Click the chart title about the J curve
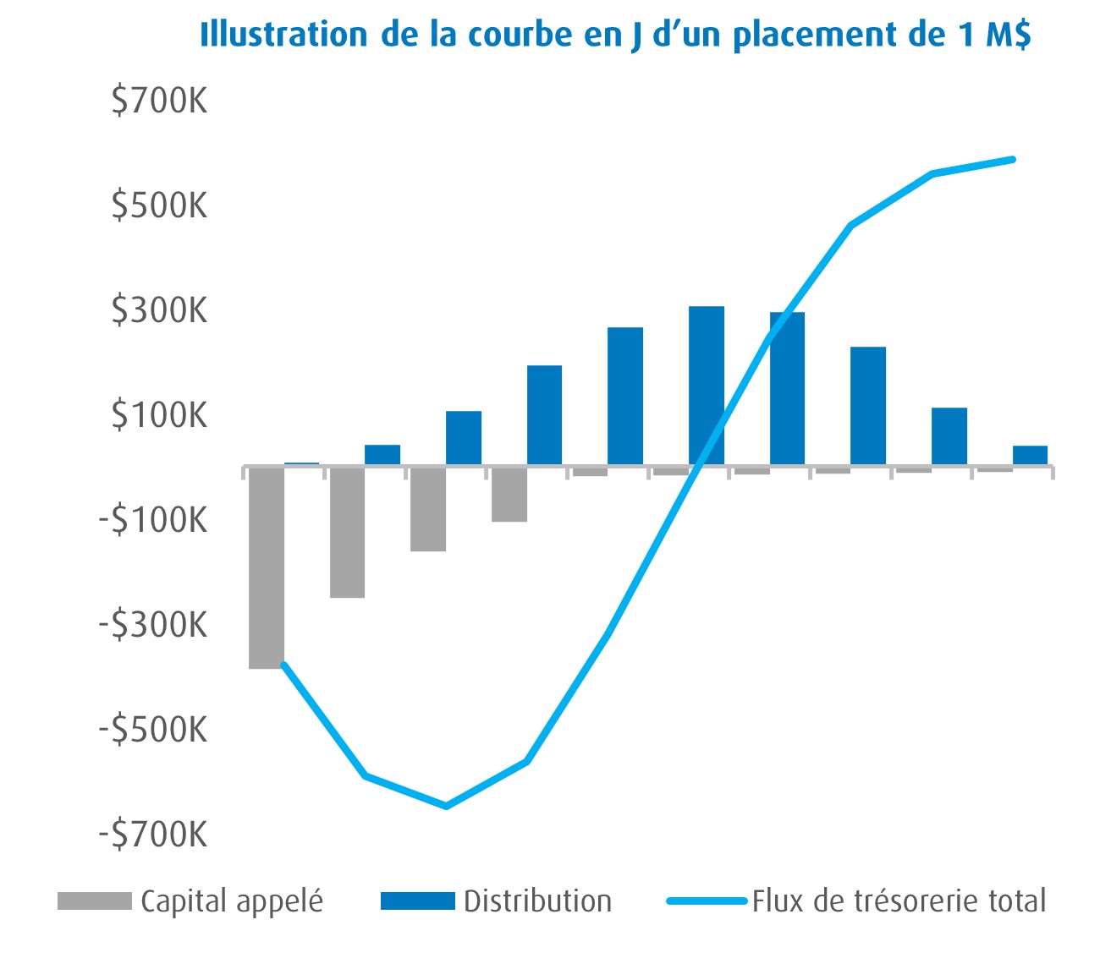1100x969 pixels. pos(615,36)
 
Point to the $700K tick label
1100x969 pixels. pos(159,101)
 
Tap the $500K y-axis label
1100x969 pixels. pos(159,205)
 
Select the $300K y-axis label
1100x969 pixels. pos(159,310)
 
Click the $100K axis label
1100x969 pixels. pos(159,415)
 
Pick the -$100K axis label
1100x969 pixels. pos(153,520)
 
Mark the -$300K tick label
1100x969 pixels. pos(153,625)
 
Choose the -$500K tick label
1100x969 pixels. pos(153,729)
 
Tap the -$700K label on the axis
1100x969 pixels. pos(153,834)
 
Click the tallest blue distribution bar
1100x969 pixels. pos(706,385)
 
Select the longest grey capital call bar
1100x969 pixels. pos(267,567)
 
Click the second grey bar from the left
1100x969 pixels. pos(347,532)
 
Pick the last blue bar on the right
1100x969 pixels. pos(1030,455)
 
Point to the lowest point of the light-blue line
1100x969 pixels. pos(446,806)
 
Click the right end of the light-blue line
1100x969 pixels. pos(1013,159)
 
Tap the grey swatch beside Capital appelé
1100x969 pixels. pos(94,901)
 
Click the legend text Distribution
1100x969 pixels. pos(537,901)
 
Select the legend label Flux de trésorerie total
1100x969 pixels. pos(899,901)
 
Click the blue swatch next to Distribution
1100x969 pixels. pos(417,901)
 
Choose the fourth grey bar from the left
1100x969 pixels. pos(509,494)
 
